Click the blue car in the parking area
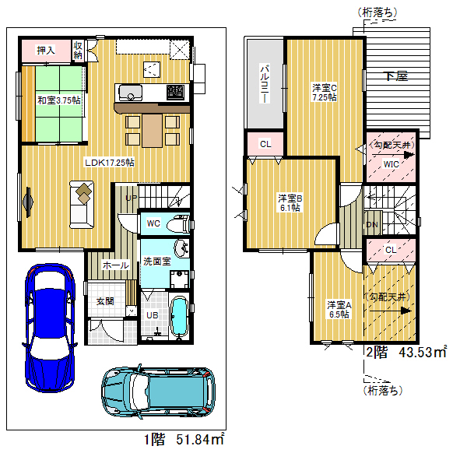50,328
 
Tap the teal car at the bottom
159,392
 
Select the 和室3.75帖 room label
59,100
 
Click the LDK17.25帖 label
110,163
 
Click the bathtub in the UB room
180,318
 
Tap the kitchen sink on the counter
130,93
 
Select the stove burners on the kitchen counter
175,92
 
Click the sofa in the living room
82,205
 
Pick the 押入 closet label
46,51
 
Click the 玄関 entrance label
105,301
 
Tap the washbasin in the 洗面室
181,248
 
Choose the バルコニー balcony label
265,84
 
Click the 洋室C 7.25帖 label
324,92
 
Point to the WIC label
391,164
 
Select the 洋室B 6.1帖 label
290,203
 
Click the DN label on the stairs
372,225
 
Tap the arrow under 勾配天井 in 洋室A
390,311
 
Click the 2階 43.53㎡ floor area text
406,352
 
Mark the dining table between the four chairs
153,131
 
